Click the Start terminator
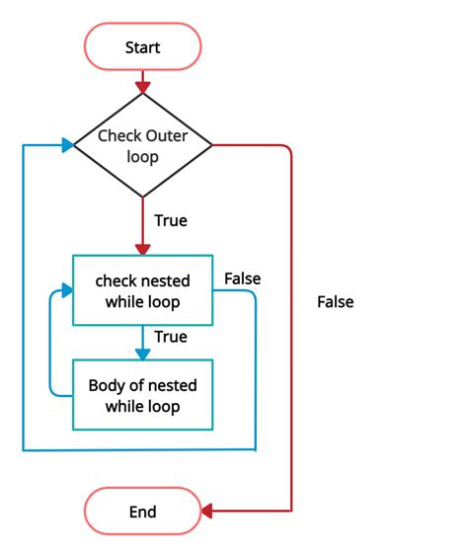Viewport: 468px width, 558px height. [x=143, y=47]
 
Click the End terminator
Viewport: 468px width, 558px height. [x=143, y=512]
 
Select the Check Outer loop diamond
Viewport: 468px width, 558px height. [x=143, y=146]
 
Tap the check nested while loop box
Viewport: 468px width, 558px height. [x=143, y=290]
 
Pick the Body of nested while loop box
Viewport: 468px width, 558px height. [x=143, y=395]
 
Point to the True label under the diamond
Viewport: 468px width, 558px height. [x=170, y=220]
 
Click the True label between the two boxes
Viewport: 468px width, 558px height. [x=170, y=337]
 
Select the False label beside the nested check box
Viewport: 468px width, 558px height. [x=242, y=279]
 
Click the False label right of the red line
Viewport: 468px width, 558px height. [x=335, y=302]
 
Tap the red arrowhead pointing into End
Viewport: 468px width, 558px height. [x=208, y=512]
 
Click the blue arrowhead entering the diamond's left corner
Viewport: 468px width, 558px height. [x=67, y=146]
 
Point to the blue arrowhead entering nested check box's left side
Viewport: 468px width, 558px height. [x=67, y=290]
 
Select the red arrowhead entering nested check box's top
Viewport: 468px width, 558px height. [x=143, y=248]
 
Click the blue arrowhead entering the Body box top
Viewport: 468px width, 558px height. [x=143, y=353]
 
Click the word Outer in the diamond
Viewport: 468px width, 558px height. [x=168, y=136]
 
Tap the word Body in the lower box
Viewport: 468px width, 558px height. [x=106, y=385]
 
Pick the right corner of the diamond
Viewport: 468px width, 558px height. [x=211, y=146]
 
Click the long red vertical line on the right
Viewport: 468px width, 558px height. [x=292, y=326]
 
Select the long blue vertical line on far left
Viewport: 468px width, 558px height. [x=22, y=296]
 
